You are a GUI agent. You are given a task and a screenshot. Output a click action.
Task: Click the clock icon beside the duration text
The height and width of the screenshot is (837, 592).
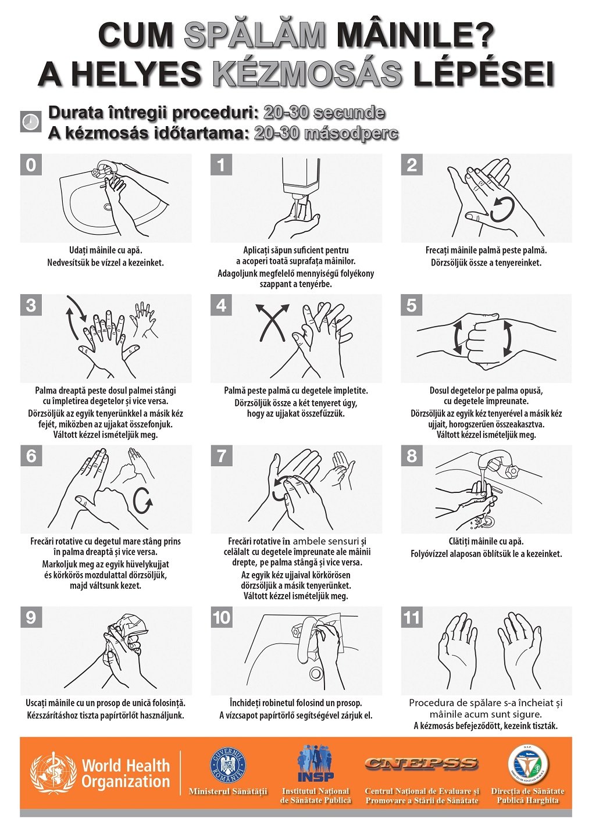click(x=30, y=121)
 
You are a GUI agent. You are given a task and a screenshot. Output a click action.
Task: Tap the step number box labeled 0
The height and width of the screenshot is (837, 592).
click(x=31, y=165)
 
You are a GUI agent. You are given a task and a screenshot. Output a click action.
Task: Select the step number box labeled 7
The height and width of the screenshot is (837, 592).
click(x=221, y=456)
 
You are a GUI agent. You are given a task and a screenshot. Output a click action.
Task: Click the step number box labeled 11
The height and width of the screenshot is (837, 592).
click(x=412, y=618)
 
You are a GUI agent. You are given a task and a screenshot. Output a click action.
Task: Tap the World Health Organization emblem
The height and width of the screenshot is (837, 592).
click(x=52, y=767)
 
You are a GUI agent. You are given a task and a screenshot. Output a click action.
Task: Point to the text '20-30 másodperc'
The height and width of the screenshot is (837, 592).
click(x=326, y=134)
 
